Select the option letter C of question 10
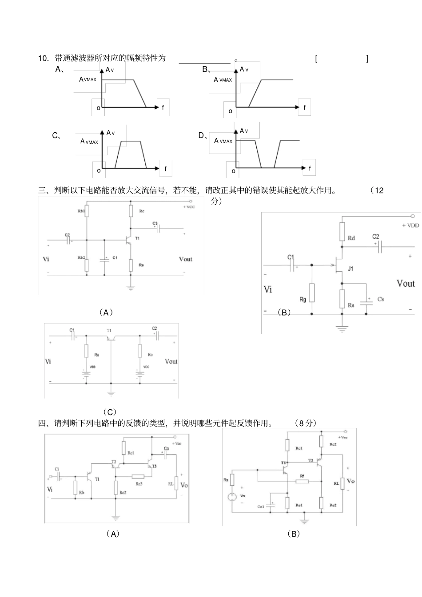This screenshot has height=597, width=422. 56,136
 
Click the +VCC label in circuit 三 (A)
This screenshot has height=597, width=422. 189,207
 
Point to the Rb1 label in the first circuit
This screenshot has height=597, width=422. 81,211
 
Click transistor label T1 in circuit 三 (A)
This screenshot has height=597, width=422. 137,239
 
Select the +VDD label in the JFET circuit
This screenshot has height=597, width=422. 410,225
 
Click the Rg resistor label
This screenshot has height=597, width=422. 303,300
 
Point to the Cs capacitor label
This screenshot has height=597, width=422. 380,299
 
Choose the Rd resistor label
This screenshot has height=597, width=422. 351,238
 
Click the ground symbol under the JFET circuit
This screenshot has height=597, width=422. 342,329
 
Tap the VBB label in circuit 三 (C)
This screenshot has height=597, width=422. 92,367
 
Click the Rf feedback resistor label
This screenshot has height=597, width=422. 302,476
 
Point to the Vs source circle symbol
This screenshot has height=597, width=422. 232,497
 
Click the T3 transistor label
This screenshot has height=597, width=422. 154,467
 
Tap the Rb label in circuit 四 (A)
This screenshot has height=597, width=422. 82,493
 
